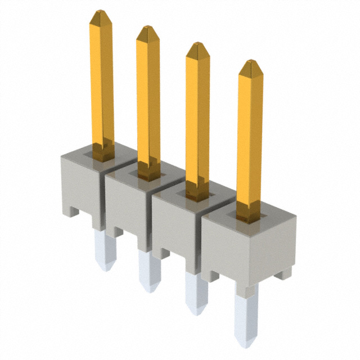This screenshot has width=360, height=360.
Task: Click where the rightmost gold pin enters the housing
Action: point(248,217)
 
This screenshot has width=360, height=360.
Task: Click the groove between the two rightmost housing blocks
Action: point(201,242)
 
